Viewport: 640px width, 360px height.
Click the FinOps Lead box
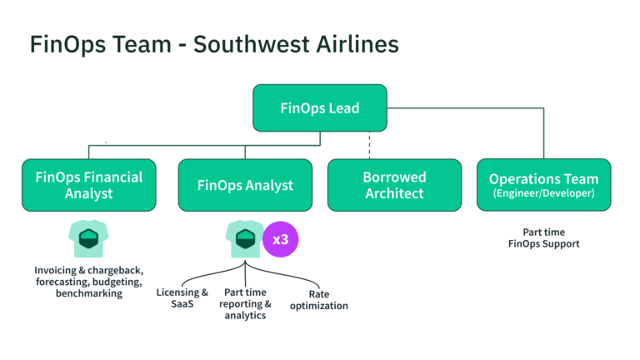(x=319, y=107)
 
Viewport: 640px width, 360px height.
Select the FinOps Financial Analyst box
(x=88, y=185)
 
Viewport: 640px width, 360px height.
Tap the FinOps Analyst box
(x=245, y=185)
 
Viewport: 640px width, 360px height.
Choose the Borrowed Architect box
(x=394, y=185)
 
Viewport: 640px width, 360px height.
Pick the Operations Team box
(x=543, y=185)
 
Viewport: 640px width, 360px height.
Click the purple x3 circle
(x=281, y=239)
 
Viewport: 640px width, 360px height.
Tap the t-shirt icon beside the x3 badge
(x=244, y=239)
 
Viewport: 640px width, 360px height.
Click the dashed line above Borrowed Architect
(x=369, y=145)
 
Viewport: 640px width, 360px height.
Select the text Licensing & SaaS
(x=182, y=298)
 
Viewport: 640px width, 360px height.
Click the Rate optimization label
(x=317, y=300)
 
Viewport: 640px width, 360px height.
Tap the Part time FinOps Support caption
(x=543, y=237)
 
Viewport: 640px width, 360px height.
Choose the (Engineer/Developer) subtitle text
(x=543, y=194)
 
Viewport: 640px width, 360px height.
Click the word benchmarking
(x=88, y=293)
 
